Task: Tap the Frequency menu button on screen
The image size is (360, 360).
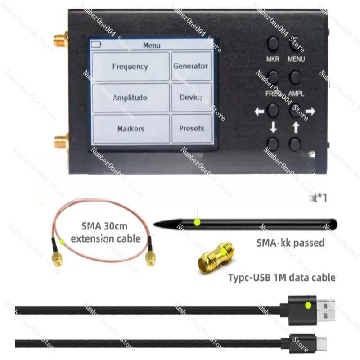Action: click(130, 67)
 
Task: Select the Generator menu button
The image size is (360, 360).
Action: click(191, 66)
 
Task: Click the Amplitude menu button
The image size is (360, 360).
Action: click(130, 98)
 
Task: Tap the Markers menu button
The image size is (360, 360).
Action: click(130, 129)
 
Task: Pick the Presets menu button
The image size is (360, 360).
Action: click(191, 129)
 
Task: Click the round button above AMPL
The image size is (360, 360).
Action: click(295, 77)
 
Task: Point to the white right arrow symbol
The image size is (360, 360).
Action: click(310, 111)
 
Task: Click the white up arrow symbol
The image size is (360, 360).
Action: click(295, 128)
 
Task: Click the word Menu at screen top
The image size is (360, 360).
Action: click(152, 45)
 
